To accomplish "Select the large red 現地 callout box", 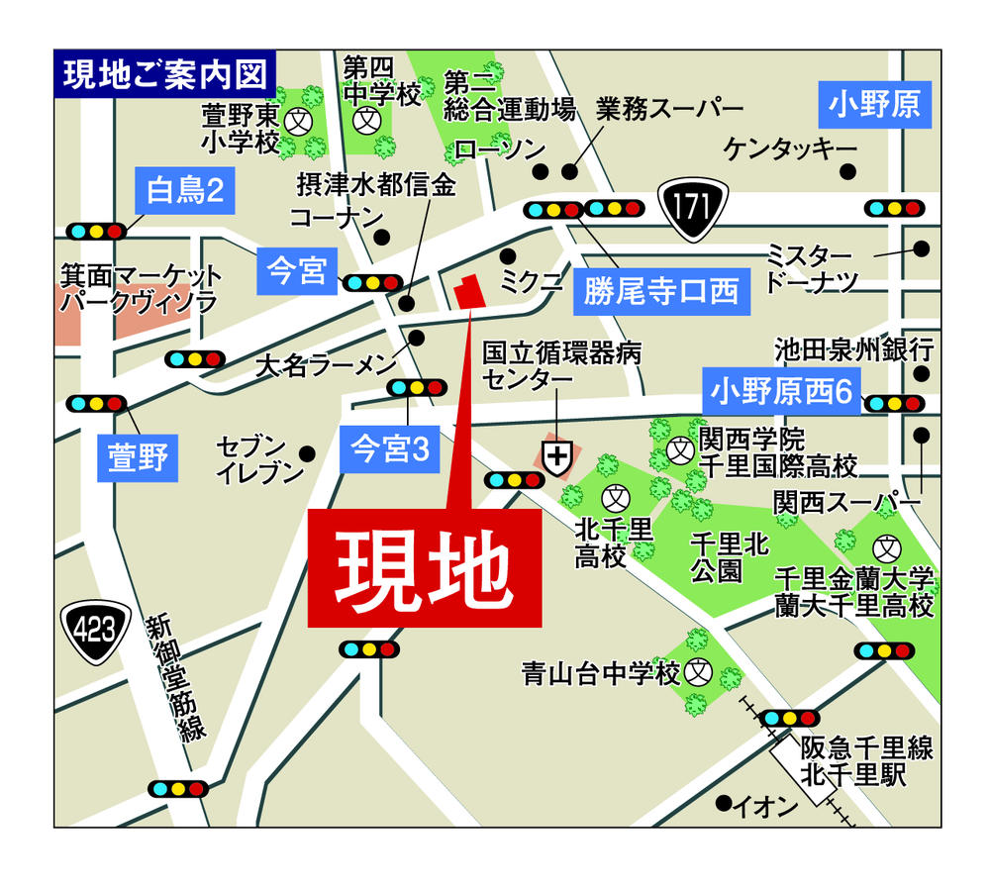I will pyautogui.click(x=426, y=570).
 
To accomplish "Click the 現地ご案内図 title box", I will pyautogui.click(x=164, y=76).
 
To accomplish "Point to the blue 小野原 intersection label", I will pyautogui.click(x=875, y=103).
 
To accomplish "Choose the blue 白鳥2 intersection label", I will pyautogui.click(x=185, y=189).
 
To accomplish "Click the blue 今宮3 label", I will pyautogui.click(x=390, y=450).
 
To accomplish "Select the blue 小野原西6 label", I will pyautogui.click(x=781, y=392).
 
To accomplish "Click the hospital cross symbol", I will pyautogui.click(x=557, y=456).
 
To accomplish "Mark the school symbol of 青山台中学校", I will pyautogui.click(x=699, y=673).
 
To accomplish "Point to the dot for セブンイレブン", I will pyautogui.click(x=307, y=453).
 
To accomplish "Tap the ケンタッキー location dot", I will pyautogui.click(x=847, y=170).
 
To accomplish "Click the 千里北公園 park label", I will pyautogui.click(x=716, y=555).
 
